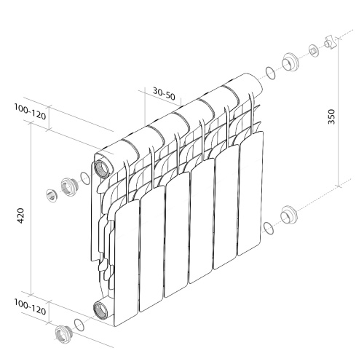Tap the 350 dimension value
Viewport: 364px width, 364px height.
click(332, 116)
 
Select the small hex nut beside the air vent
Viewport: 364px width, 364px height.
click(313, 50)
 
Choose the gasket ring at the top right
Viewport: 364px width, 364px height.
click(270, 73)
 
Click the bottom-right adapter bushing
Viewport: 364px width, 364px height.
click(289, 215)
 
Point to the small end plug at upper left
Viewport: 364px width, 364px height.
click(52, 194)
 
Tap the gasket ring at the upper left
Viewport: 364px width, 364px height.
click(86, 178)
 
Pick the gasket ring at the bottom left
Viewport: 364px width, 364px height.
click(79, 325)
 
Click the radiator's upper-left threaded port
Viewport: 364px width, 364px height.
click(103, 165)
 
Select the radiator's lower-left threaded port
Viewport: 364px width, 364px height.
click(100, 309)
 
